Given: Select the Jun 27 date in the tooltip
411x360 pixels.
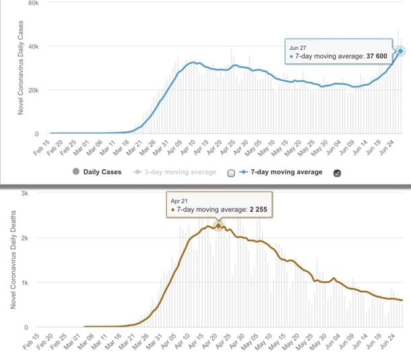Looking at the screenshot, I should click(298, 47).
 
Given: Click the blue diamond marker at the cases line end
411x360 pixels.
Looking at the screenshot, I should click(400, 51).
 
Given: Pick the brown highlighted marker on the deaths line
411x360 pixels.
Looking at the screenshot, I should click(218, 225).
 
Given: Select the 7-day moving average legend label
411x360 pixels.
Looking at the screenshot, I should click(286, 172).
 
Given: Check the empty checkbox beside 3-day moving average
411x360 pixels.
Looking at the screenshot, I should click(232, 173).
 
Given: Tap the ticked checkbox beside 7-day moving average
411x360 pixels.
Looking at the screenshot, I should click(337, 173).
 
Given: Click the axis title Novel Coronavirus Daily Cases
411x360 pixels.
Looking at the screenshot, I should click(21, 67).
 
